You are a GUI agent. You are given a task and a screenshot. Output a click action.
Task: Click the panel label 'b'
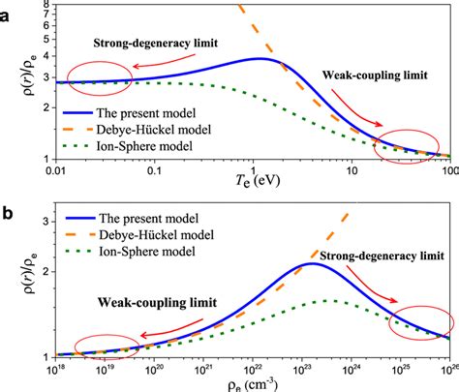[8, 206]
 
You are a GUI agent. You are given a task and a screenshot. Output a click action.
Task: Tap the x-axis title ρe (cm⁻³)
[256, 382]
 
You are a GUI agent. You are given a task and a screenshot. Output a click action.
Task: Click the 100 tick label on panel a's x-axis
[447, 171]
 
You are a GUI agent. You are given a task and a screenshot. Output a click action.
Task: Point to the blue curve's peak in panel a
[259, 59]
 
